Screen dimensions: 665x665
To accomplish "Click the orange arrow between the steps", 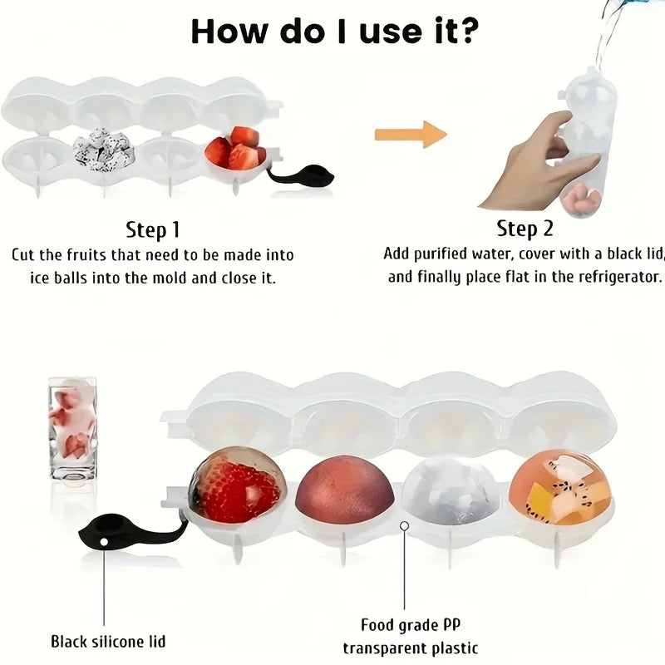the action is coord(411,135).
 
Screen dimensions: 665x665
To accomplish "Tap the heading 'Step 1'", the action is coord(153,230).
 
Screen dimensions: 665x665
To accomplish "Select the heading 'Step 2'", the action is coord(525,229).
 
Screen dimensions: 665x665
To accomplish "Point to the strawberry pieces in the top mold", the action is coord(236,149).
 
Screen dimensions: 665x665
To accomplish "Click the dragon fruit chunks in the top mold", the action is coord(103,150).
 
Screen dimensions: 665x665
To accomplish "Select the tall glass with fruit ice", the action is coord(72,429).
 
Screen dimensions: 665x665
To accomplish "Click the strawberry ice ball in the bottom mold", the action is coord(236,485).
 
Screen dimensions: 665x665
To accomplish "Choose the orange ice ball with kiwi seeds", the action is coord(559,488).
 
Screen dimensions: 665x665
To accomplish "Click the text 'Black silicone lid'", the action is coord(108,641).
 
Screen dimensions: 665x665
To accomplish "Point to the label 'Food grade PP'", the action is coord(411,625).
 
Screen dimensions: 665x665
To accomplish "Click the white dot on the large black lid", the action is coord(104,542).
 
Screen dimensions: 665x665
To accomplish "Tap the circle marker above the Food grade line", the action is coord(404,526).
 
